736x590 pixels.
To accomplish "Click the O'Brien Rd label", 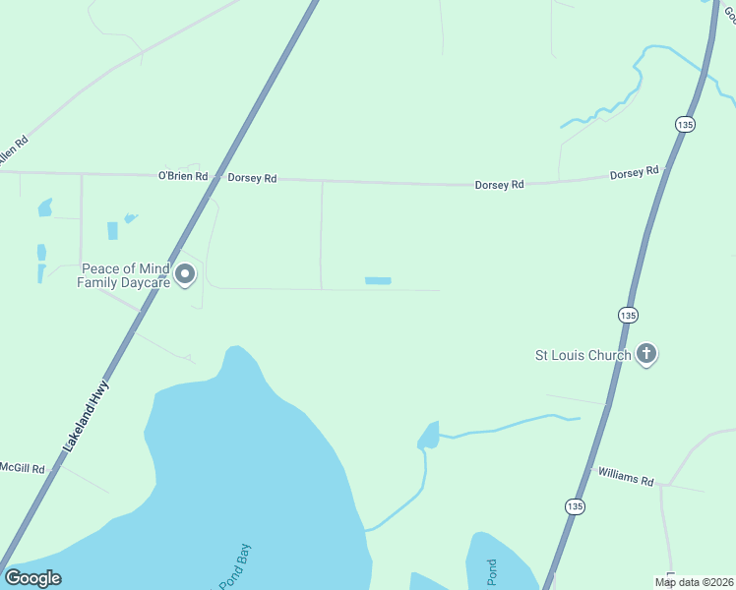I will (183, 176).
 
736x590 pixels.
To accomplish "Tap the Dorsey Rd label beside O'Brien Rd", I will (252, 178).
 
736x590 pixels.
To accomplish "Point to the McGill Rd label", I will (23, 468).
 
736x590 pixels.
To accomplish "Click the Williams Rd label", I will (627, 479).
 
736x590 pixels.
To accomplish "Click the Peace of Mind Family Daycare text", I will (126, 275).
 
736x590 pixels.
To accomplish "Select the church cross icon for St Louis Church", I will (646, 354).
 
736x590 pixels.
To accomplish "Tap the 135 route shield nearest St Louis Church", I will (629, 315).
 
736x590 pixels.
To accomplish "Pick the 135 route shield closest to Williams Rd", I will (576, 505).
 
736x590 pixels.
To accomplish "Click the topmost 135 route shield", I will (686, 124).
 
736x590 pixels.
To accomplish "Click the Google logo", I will (32, 578).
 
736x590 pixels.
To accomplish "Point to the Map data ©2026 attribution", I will (694, 582).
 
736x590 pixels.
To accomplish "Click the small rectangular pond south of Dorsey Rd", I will (378, 281).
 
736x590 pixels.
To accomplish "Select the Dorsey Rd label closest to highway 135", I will (634, 173).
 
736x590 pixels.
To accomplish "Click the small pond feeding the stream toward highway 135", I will (429, 434).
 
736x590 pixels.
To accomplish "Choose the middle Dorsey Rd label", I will (499, 184).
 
